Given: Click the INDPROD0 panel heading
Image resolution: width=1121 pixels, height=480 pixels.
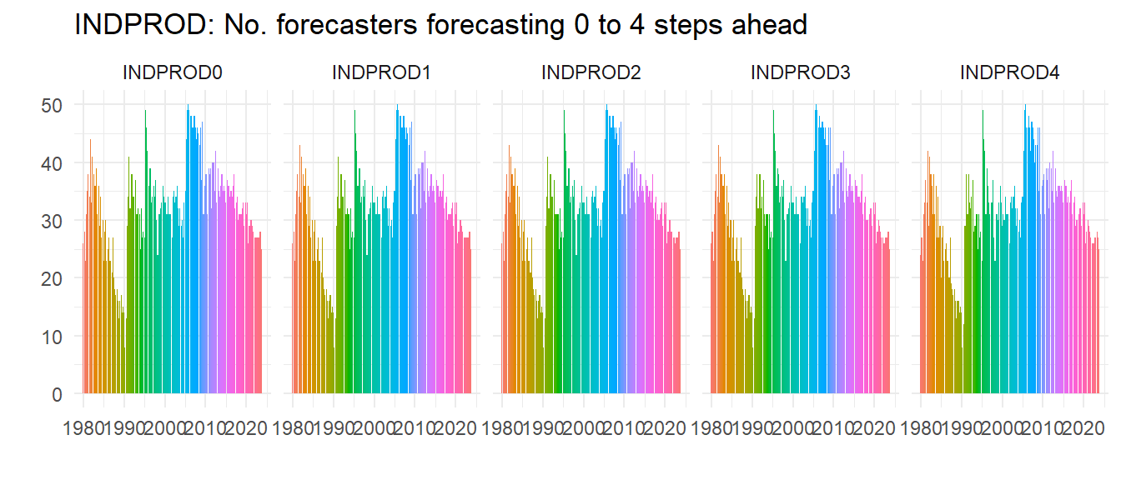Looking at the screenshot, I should (x=173, y=73).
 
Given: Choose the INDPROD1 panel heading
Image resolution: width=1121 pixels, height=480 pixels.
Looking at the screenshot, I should (x=382, y=73).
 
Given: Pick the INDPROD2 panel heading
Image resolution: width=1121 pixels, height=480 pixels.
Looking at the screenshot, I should (x=591, y=73).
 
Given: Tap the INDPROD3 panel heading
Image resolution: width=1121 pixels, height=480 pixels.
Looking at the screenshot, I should (x=801, y=73).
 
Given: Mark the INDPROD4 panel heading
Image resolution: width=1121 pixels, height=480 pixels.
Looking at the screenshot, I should (x=1010, y=73).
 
